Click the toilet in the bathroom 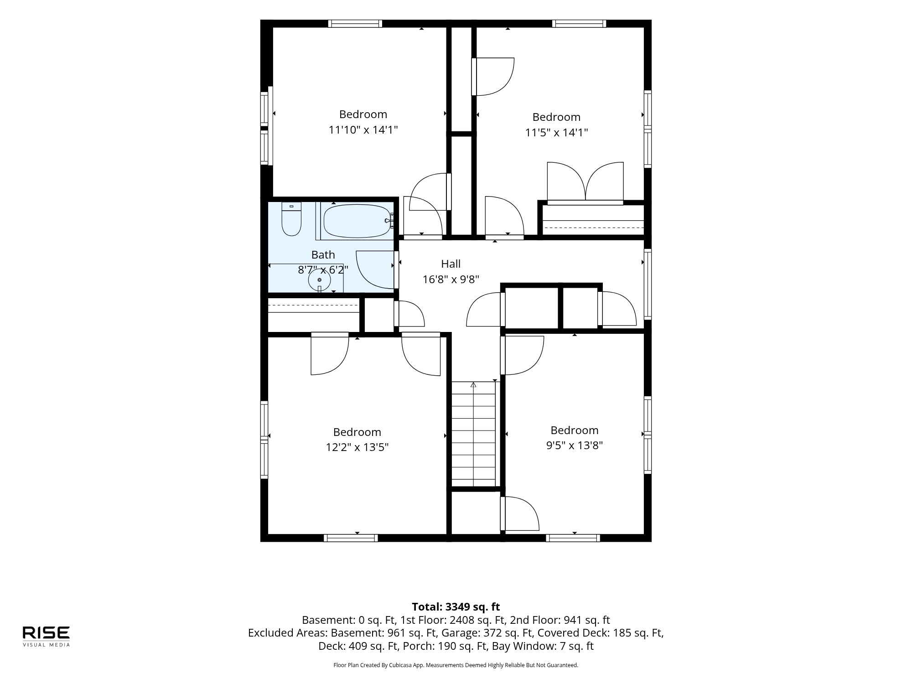tap(291, 219)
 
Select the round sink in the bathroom tap(319, 280)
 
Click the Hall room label tap(451, 264)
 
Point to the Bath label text tap(323, 254)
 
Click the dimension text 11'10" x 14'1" tap(363, 130)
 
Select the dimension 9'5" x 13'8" tap(575, 445)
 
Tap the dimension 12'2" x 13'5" tap(357, 447)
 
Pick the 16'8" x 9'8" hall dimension tap(451, 279)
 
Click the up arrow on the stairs tap(473, 384)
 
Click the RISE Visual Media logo tap(47, 636)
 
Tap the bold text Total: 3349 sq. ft tap(456, 606)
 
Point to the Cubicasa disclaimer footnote tap(456, 665)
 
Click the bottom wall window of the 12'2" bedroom tap(351, 538)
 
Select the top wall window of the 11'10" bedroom tap(355, 24)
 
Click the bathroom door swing tap(375, 269)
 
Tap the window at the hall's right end tap(648, 284)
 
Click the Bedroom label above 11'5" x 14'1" tap(556, 117)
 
